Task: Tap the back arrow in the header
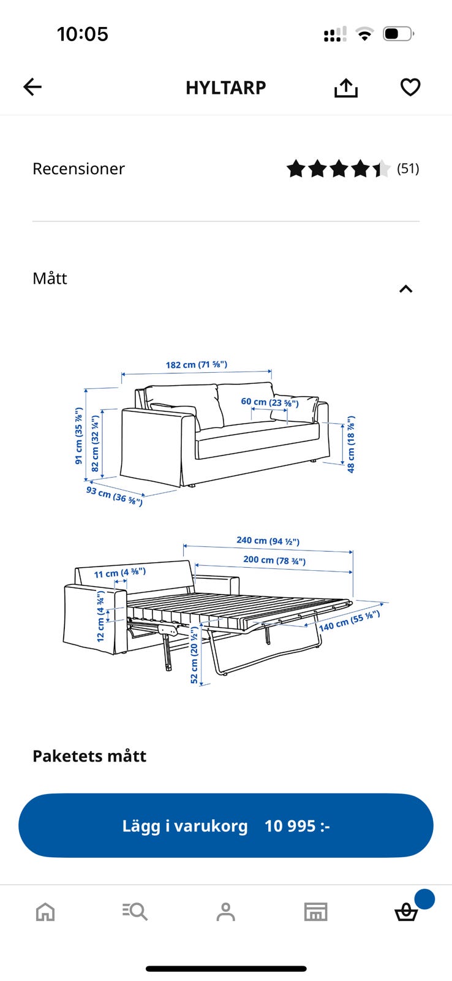pos(32,86)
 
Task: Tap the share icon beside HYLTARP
pos(345,88)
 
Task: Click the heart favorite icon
pos(410,87)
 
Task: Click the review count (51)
pos(408,169)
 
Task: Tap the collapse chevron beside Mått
pos(406,289)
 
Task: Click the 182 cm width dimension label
pos(197,364)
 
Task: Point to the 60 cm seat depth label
pos(270,402)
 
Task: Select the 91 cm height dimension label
pos(79,436)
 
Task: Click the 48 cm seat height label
pos(351,445)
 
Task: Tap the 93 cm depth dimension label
pos(115,495)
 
